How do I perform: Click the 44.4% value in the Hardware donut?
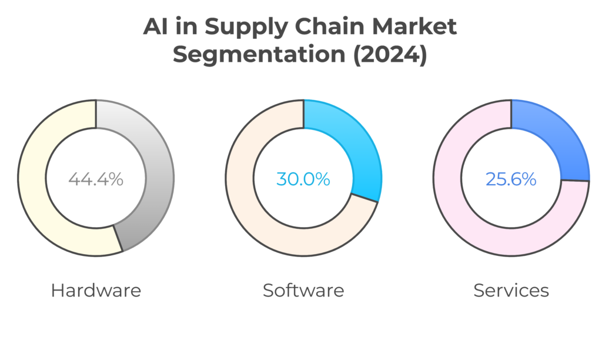(x=96, y=179)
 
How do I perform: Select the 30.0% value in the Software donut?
(x=303, y=179)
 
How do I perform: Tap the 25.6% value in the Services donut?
(x=511, y=179)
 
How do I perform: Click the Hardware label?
(x=96, y=290)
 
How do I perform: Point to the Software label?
(x=303, y=290)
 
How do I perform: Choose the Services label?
(x=511, y=290)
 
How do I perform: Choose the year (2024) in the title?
(x=387, y=56)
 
